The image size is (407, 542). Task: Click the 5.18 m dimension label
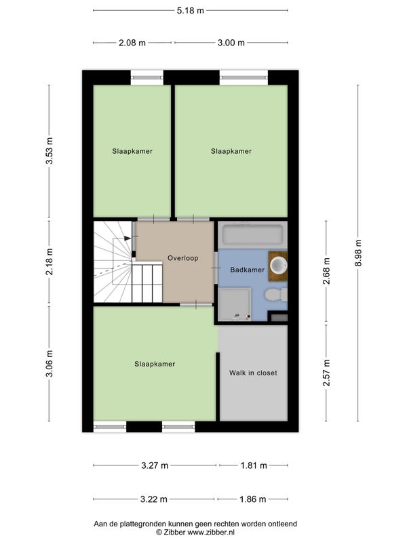tap(191, 10)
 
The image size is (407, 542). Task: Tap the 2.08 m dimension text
tap(132, 43)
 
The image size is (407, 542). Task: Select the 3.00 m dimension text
tap(231, 43)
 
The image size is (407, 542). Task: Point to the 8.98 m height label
tap(358, 253)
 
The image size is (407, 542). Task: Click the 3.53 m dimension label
tap(49, 151)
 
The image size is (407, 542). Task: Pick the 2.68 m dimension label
tap(326, 270)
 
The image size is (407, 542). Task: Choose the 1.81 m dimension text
tap(254, 465)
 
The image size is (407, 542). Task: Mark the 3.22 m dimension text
tap(154, 499)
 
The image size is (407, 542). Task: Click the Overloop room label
tap(182, 258)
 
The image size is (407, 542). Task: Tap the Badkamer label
tap(247, 270)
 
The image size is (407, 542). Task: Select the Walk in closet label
tap(253, 373)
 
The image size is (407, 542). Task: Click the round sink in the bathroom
tap(279, 266)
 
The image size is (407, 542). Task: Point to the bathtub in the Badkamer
tap(252, 235)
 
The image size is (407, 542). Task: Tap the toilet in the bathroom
tap(276, 295)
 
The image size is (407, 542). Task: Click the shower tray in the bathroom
tap(234, 304)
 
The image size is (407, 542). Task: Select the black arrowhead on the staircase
tap(128, 238)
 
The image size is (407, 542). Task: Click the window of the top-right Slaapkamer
tap(244, 77)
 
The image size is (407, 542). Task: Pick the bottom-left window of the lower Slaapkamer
tap(110, 427)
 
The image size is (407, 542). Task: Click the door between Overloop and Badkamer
tap(216, 267)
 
